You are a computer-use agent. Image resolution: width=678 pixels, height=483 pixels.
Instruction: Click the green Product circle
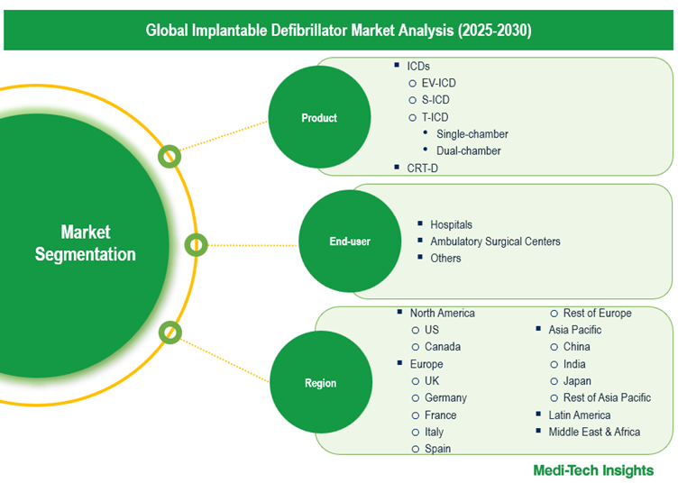[319, 117]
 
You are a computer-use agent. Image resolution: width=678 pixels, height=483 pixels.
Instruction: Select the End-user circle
[350, 241]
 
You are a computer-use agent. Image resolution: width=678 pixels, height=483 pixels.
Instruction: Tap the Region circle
[321, 382]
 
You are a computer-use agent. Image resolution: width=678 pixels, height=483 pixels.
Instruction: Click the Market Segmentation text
[85, 243]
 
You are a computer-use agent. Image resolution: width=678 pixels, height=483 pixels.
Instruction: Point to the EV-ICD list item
[438, 83]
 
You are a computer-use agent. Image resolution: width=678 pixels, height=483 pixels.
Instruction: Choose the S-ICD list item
[435, 100]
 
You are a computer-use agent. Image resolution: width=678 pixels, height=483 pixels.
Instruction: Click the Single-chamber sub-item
[472, 134]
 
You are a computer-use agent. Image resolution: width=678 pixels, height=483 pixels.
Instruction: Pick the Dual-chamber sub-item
[468, 150]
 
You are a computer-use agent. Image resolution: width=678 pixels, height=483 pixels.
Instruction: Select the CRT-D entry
[422, 168]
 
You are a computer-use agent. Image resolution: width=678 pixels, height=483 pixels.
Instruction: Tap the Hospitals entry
[451, 224]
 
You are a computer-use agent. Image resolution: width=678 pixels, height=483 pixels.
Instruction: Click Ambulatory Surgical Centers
[495, 241]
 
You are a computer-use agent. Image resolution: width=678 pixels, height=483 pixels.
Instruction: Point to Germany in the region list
[445, 398]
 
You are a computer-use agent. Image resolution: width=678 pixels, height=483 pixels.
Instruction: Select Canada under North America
[443, 347]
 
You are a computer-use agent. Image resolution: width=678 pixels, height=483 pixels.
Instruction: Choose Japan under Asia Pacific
[577, 381]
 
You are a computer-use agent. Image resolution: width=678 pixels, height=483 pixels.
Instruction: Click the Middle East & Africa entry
[594, 432]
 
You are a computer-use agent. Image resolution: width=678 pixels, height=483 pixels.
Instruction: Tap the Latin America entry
[580, 415]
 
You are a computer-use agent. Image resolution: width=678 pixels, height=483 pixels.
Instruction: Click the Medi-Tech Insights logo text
[593, 470]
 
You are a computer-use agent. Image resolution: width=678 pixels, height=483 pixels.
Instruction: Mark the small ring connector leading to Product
[169, 157]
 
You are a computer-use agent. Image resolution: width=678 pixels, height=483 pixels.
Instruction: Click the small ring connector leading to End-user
[196, 245]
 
